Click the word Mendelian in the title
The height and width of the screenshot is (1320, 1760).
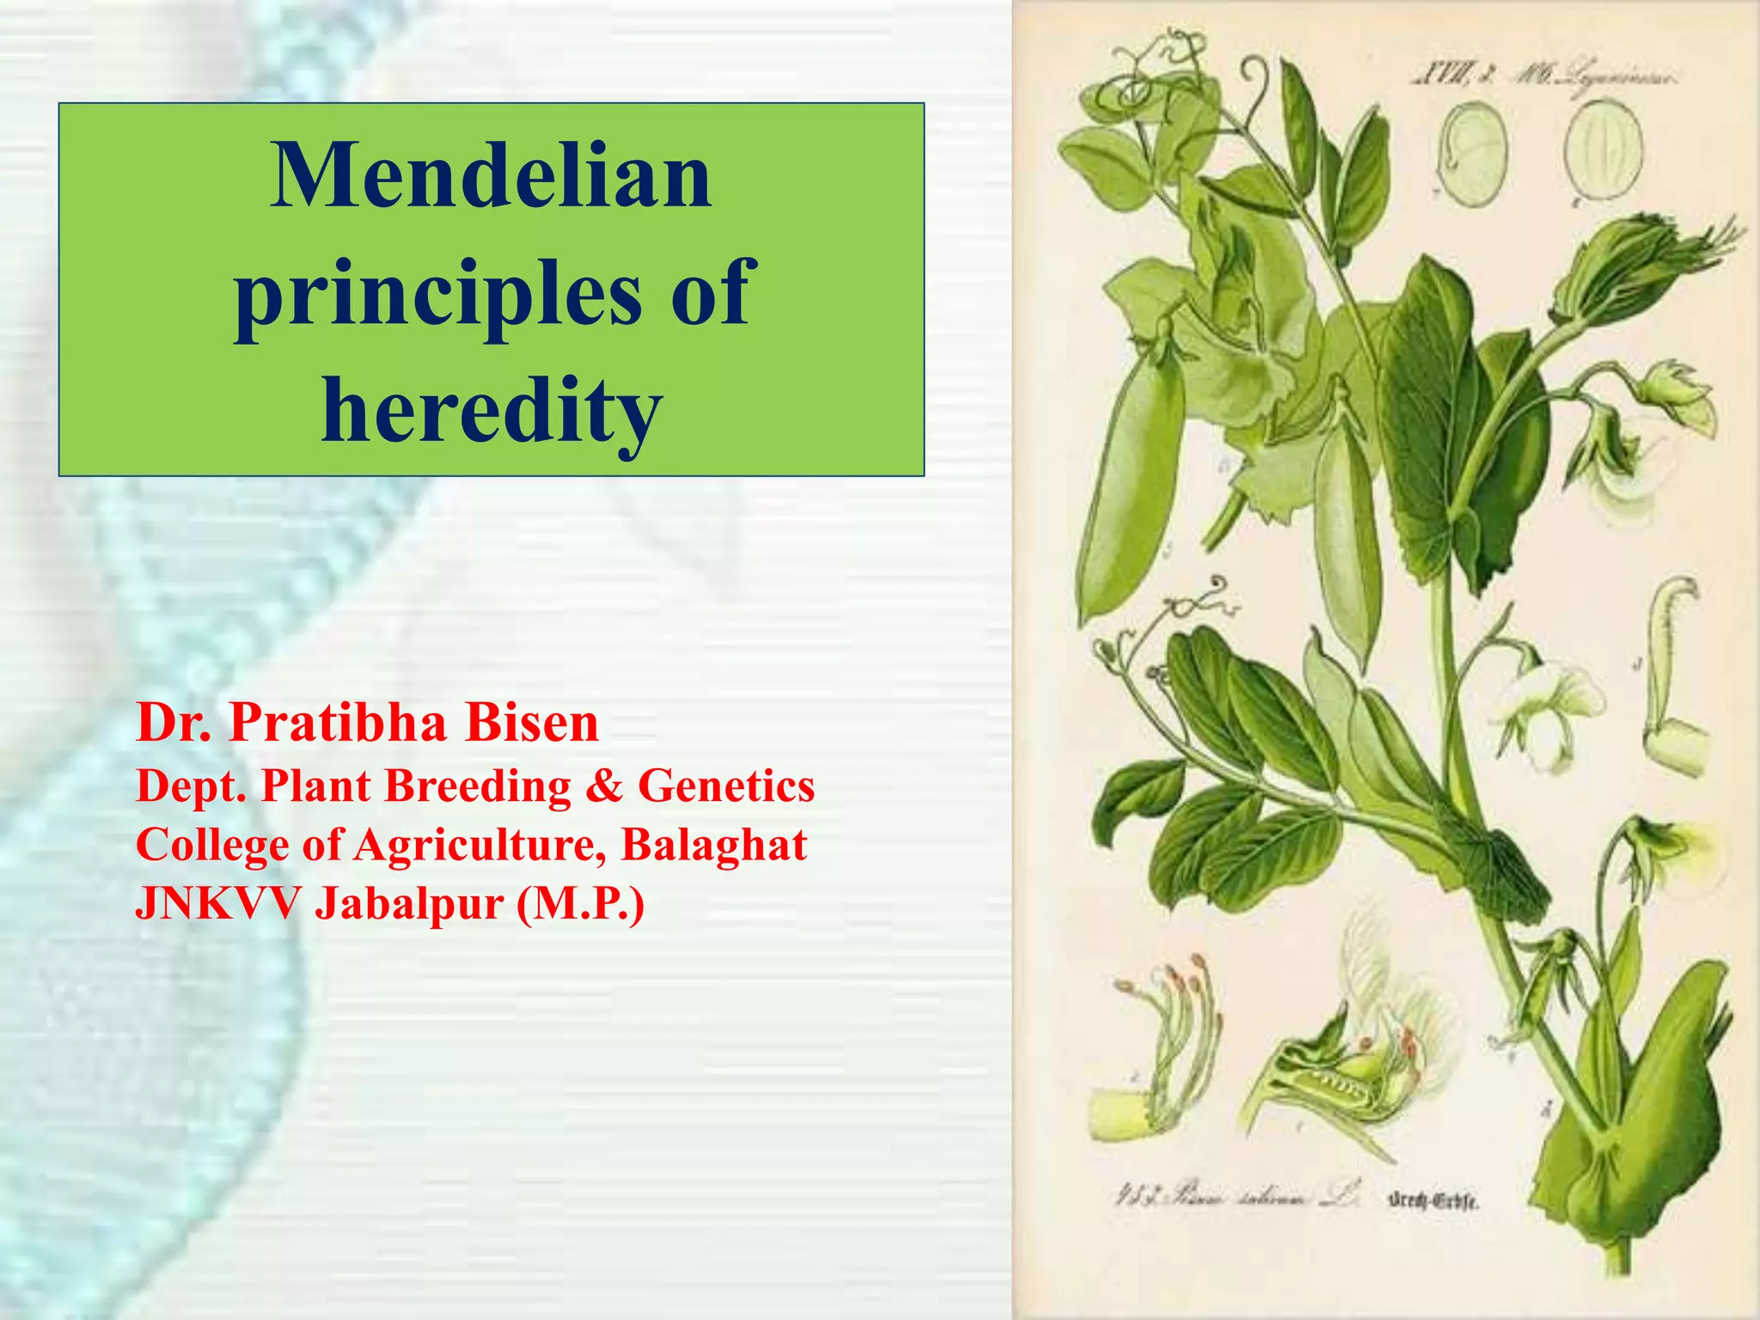point(491,177)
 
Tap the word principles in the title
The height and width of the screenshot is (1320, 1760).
point(438,296)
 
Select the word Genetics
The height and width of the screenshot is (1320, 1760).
point(726,785)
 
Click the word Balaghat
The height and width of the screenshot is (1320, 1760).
point(713,845)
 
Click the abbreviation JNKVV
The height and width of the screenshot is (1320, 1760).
point(218,903)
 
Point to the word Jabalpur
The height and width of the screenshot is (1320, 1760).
point(409,903)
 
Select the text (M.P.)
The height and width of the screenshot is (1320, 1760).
point(580,903)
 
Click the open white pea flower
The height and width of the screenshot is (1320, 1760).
point(1547,705)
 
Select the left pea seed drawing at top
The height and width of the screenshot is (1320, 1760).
point(1473,155)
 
